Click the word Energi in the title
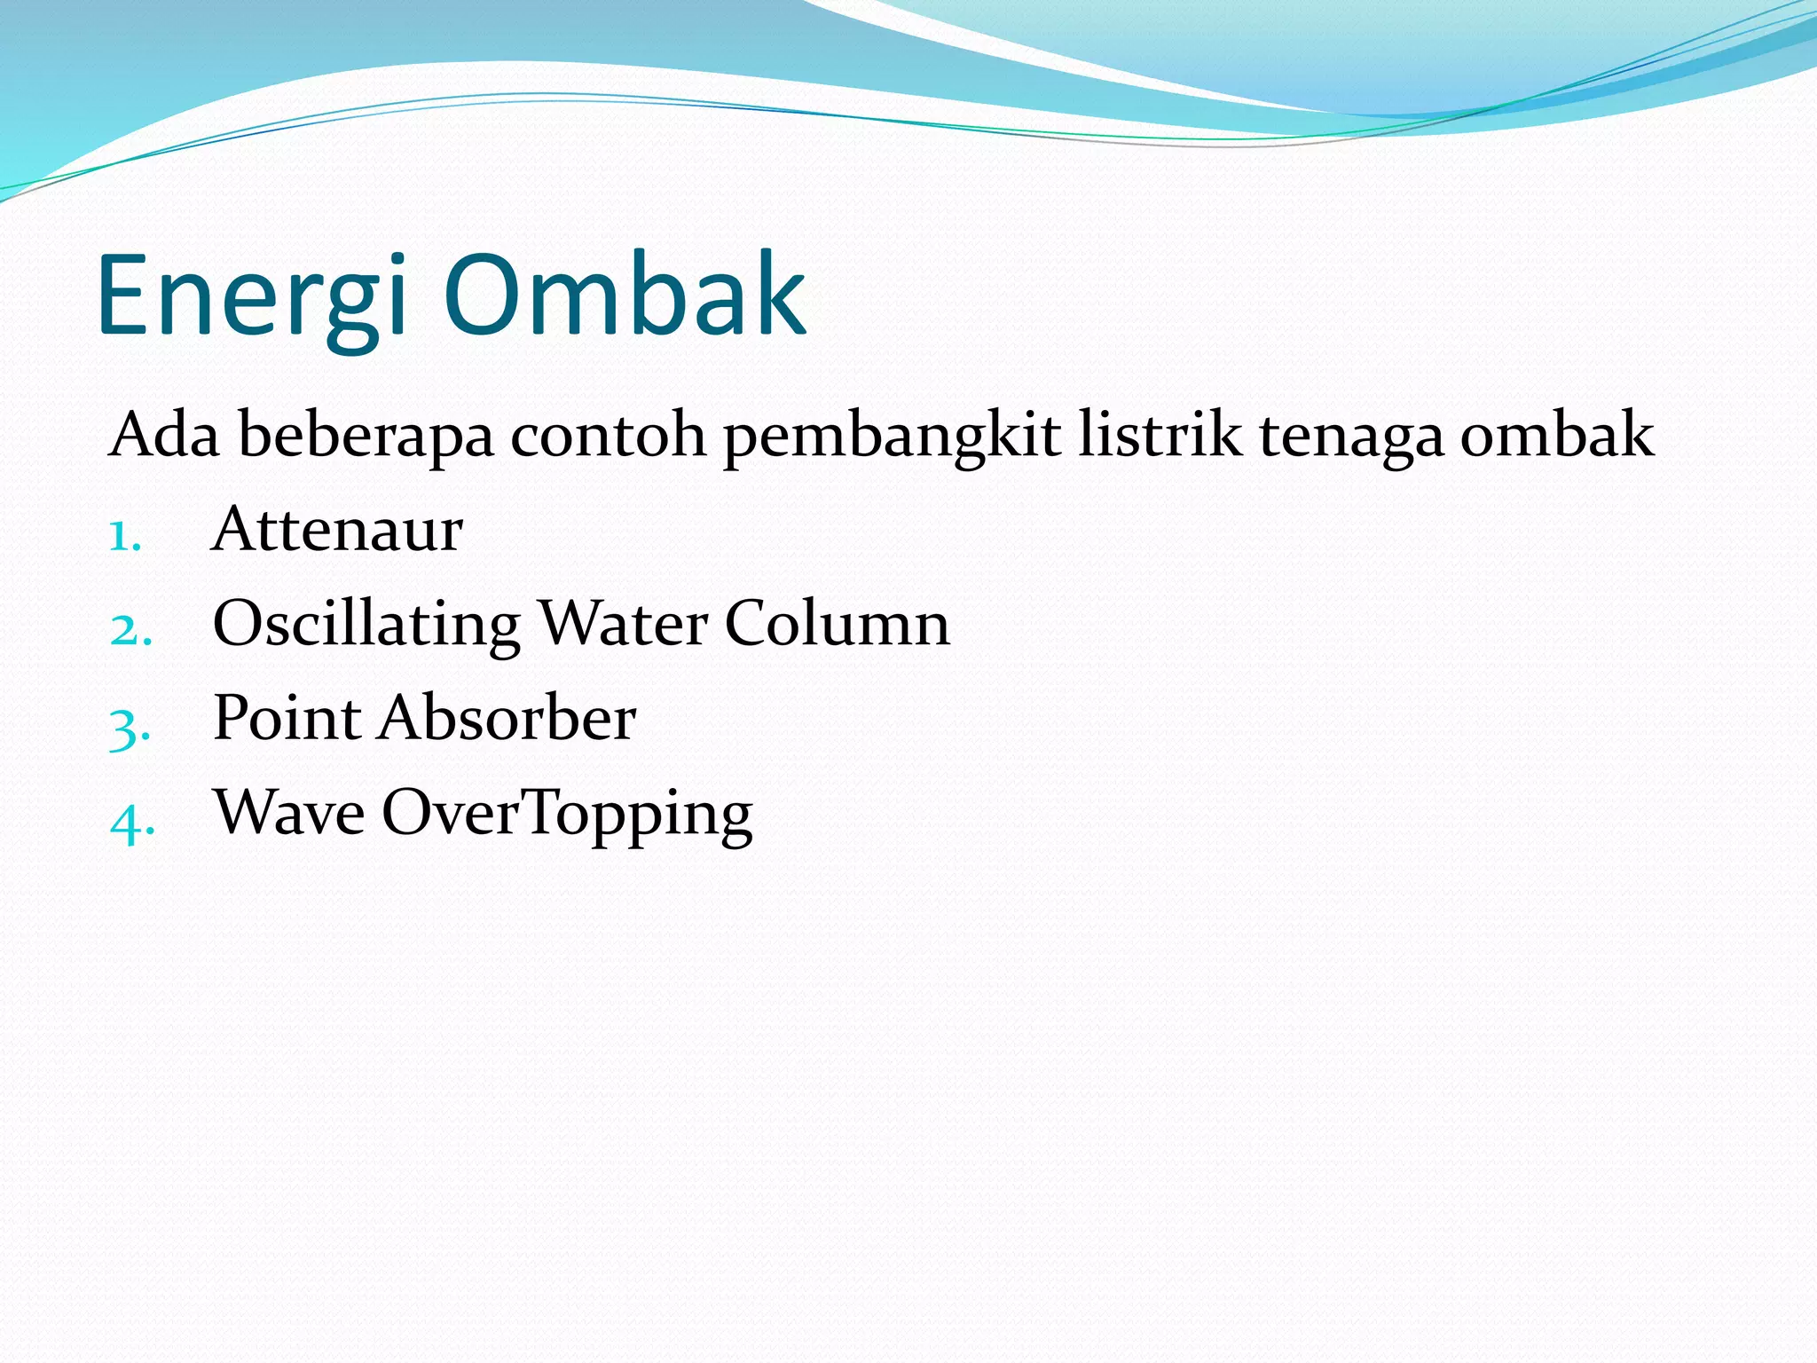(252, 297)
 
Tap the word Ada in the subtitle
(163, 435)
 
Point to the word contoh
(608, 435)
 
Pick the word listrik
(1160, 435)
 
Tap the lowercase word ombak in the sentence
(1557, 435)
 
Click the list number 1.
(124, 536)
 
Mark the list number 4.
(131, 822)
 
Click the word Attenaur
(337, 530)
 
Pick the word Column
(837, 623)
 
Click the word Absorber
(507, 718)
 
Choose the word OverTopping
(568, 815)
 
